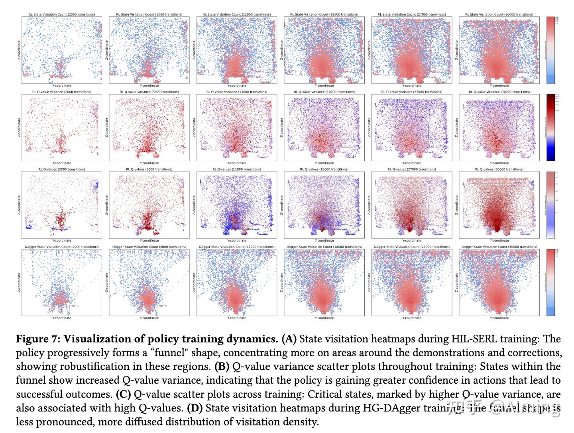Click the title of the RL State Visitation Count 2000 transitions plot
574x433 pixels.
coord(62,15)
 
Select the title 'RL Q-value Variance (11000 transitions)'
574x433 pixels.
coord(237,92)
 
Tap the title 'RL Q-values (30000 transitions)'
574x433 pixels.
coord(499,170)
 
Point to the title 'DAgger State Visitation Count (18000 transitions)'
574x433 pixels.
coord(324,247)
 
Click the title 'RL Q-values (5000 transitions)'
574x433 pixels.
coord(149,170)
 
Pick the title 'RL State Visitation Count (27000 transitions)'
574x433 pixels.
coord(412,15)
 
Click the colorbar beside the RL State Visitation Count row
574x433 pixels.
coord(550,50)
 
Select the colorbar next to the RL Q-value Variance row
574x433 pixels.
coord(550,127)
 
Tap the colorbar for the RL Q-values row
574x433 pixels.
coord(550,205)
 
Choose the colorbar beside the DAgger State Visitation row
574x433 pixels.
coord(550,282)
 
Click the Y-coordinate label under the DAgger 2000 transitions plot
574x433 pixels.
coord(62,318)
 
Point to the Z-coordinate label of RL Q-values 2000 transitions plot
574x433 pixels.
coord(19,205)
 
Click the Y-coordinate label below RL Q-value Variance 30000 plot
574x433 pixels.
coord(499,163)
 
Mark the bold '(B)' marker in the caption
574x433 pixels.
coord(222,367)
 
